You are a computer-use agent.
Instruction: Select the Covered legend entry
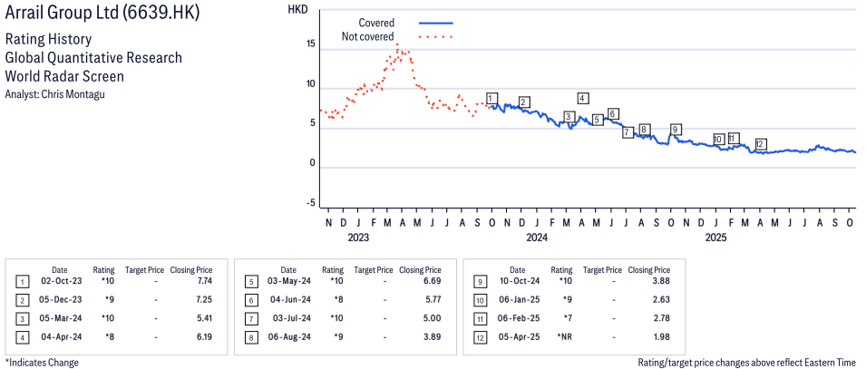coord(376,23)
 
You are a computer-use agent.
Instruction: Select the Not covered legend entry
coord(367,37)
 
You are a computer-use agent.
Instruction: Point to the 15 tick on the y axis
coord(310,44)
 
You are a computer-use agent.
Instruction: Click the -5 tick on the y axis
coord(310,203)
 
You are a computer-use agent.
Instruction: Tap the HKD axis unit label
coord(297,9)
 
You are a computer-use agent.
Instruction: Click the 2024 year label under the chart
coord(537,238)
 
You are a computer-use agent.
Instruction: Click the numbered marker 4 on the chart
coord(582,98)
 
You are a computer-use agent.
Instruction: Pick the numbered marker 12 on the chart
coord(761,144)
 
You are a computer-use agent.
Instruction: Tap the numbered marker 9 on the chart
coord(675,129)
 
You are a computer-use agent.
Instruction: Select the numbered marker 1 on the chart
coord(491,98)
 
